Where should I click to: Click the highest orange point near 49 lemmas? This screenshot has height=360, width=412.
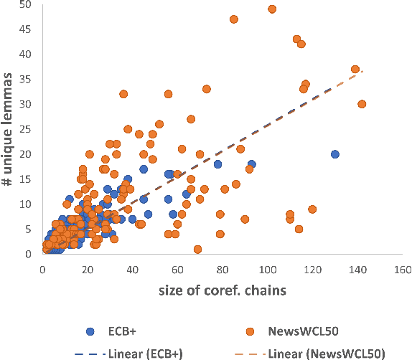272,9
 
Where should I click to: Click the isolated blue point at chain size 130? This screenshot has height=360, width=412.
334,154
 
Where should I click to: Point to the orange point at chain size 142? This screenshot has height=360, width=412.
362,104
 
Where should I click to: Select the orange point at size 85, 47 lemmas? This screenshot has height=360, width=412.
234,19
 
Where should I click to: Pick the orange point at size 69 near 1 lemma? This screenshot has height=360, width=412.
197,249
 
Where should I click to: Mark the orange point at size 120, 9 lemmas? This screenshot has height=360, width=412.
312,209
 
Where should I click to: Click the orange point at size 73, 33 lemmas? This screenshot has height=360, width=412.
207,89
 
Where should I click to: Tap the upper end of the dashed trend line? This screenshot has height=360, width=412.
363,71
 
